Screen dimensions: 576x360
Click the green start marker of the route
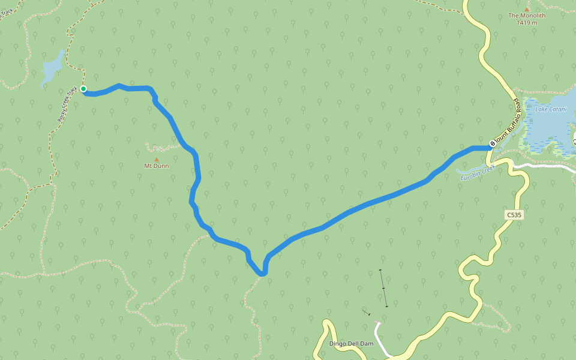[x=83, y=89]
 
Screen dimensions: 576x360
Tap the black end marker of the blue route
[x=492, y=143]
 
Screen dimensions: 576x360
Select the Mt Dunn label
[x=157, y=166]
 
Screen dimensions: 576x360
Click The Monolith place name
[x=527, y=16]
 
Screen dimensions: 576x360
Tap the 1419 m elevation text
[x=527, y=23]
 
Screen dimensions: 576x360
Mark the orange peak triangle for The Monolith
[x=527, y=9]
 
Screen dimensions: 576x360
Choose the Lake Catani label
[x=551, y=109]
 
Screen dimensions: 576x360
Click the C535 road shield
[x=514, y=214]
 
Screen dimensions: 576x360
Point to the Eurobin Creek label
[x=476, y=173]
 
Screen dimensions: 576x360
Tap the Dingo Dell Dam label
[x=351, y=344]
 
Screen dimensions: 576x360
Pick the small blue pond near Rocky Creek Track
[x=52, y=67]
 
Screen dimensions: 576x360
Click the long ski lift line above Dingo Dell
[x=383, y=288]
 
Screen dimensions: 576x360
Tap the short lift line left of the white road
[x=366, y=313]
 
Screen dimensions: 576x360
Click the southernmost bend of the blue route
[x=262, y=274]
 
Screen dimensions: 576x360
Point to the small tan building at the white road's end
[x=377, y=323]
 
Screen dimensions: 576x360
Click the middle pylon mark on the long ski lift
[x=383, y=289]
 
